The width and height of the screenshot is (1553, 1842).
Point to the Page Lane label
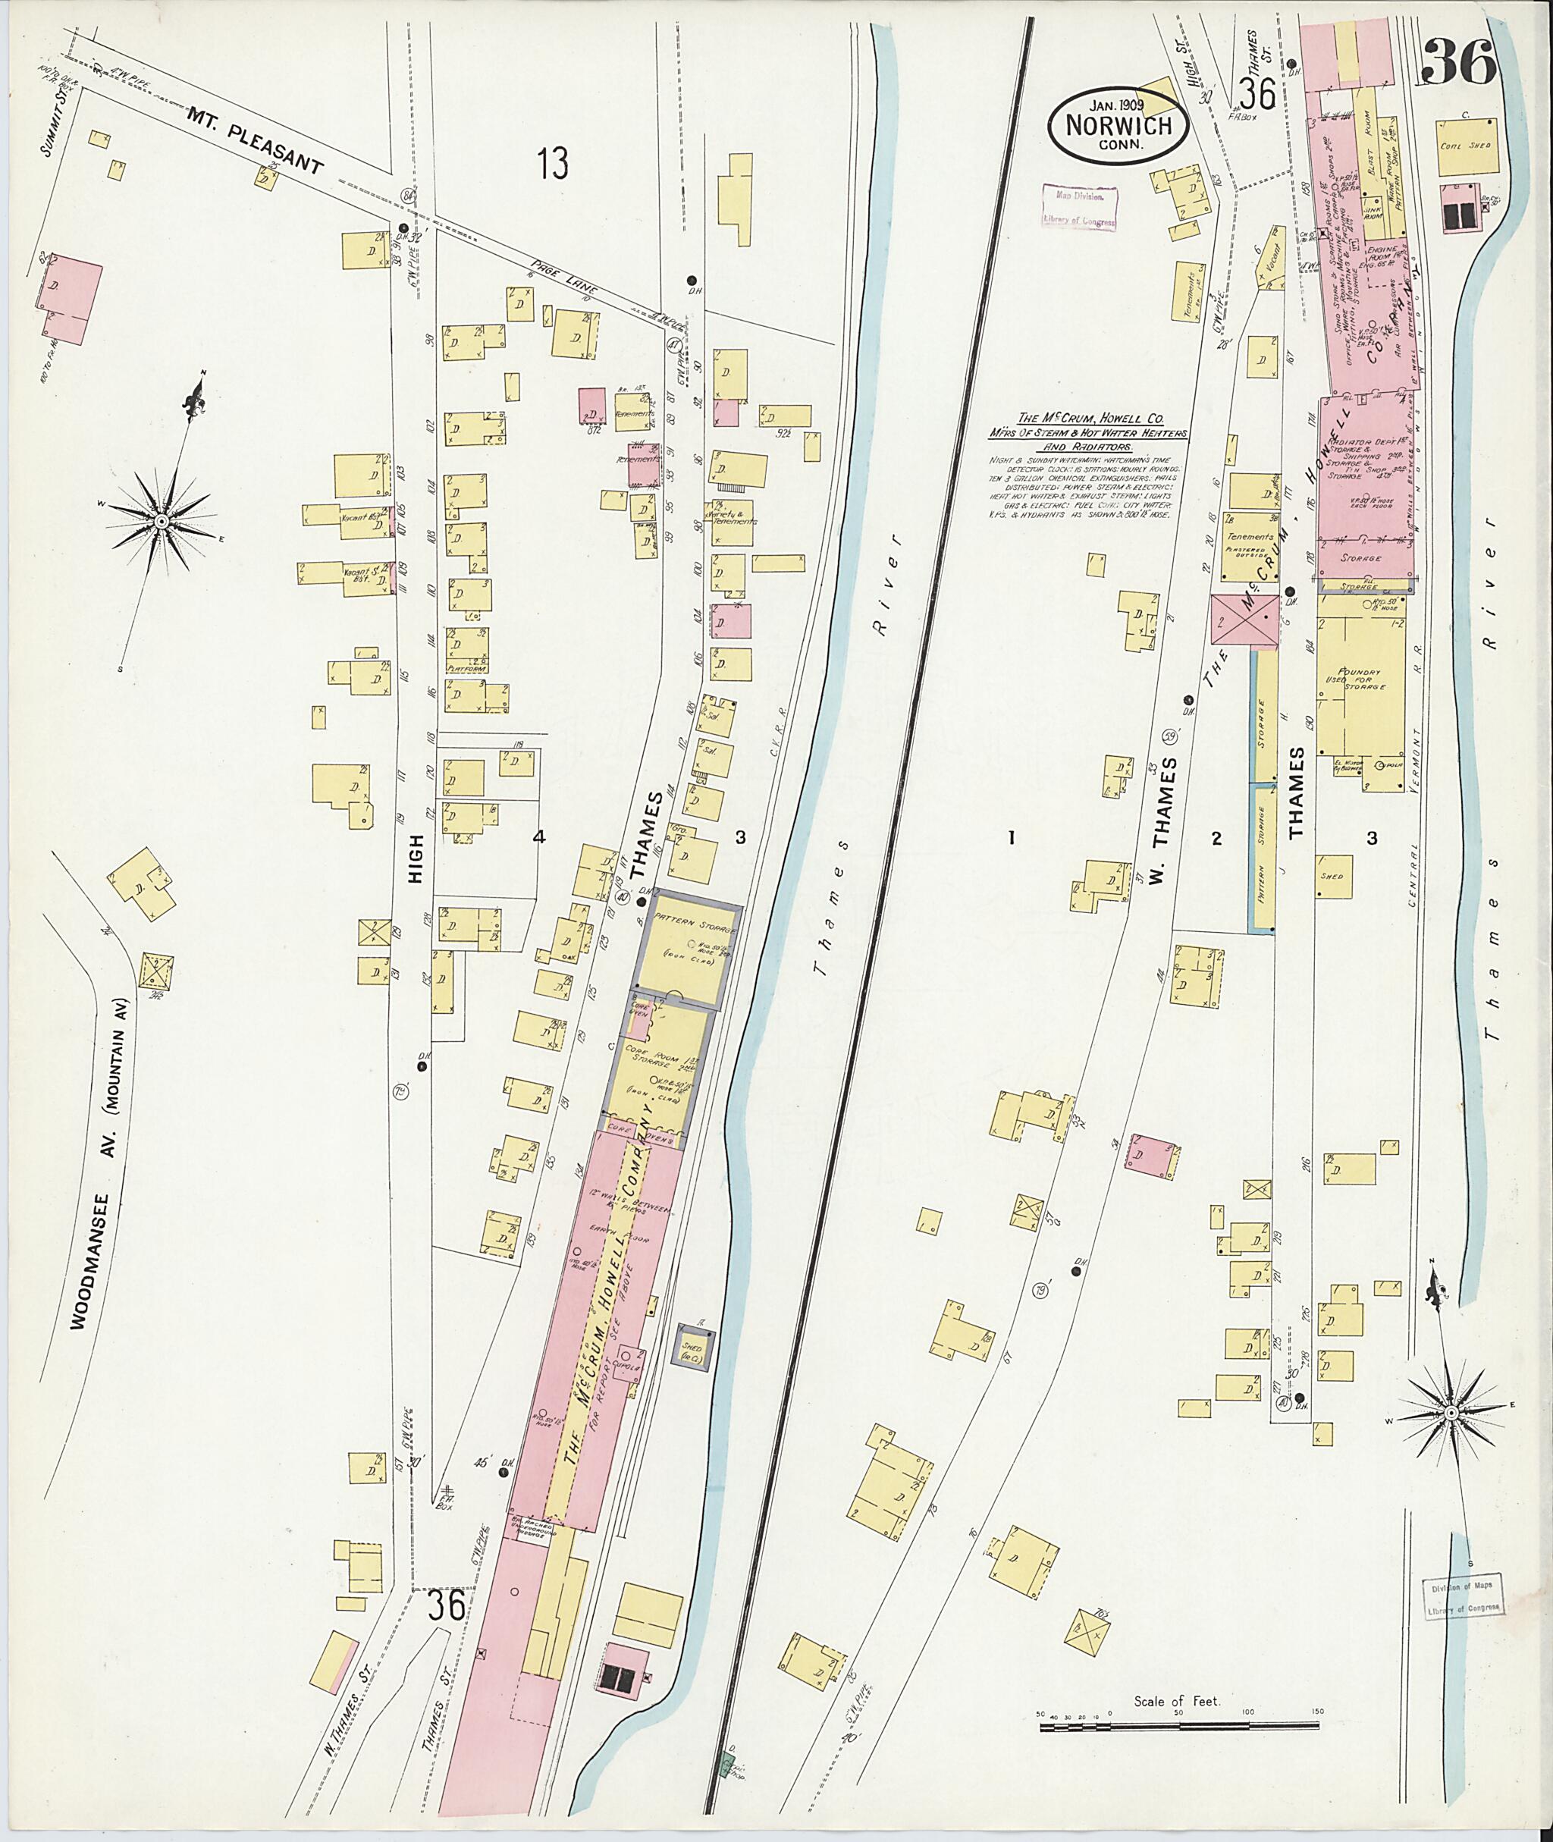pos(564,278)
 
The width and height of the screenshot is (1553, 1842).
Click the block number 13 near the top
pos(553,164)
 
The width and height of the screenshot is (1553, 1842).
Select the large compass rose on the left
pos(162,522)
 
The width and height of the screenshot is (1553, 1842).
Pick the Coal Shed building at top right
pos(1466,146)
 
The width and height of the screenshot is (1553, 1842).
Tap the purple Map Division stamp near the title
pos(1079,207)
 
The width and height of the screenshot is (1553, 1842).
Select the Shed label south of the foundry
pos(1330,877)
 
